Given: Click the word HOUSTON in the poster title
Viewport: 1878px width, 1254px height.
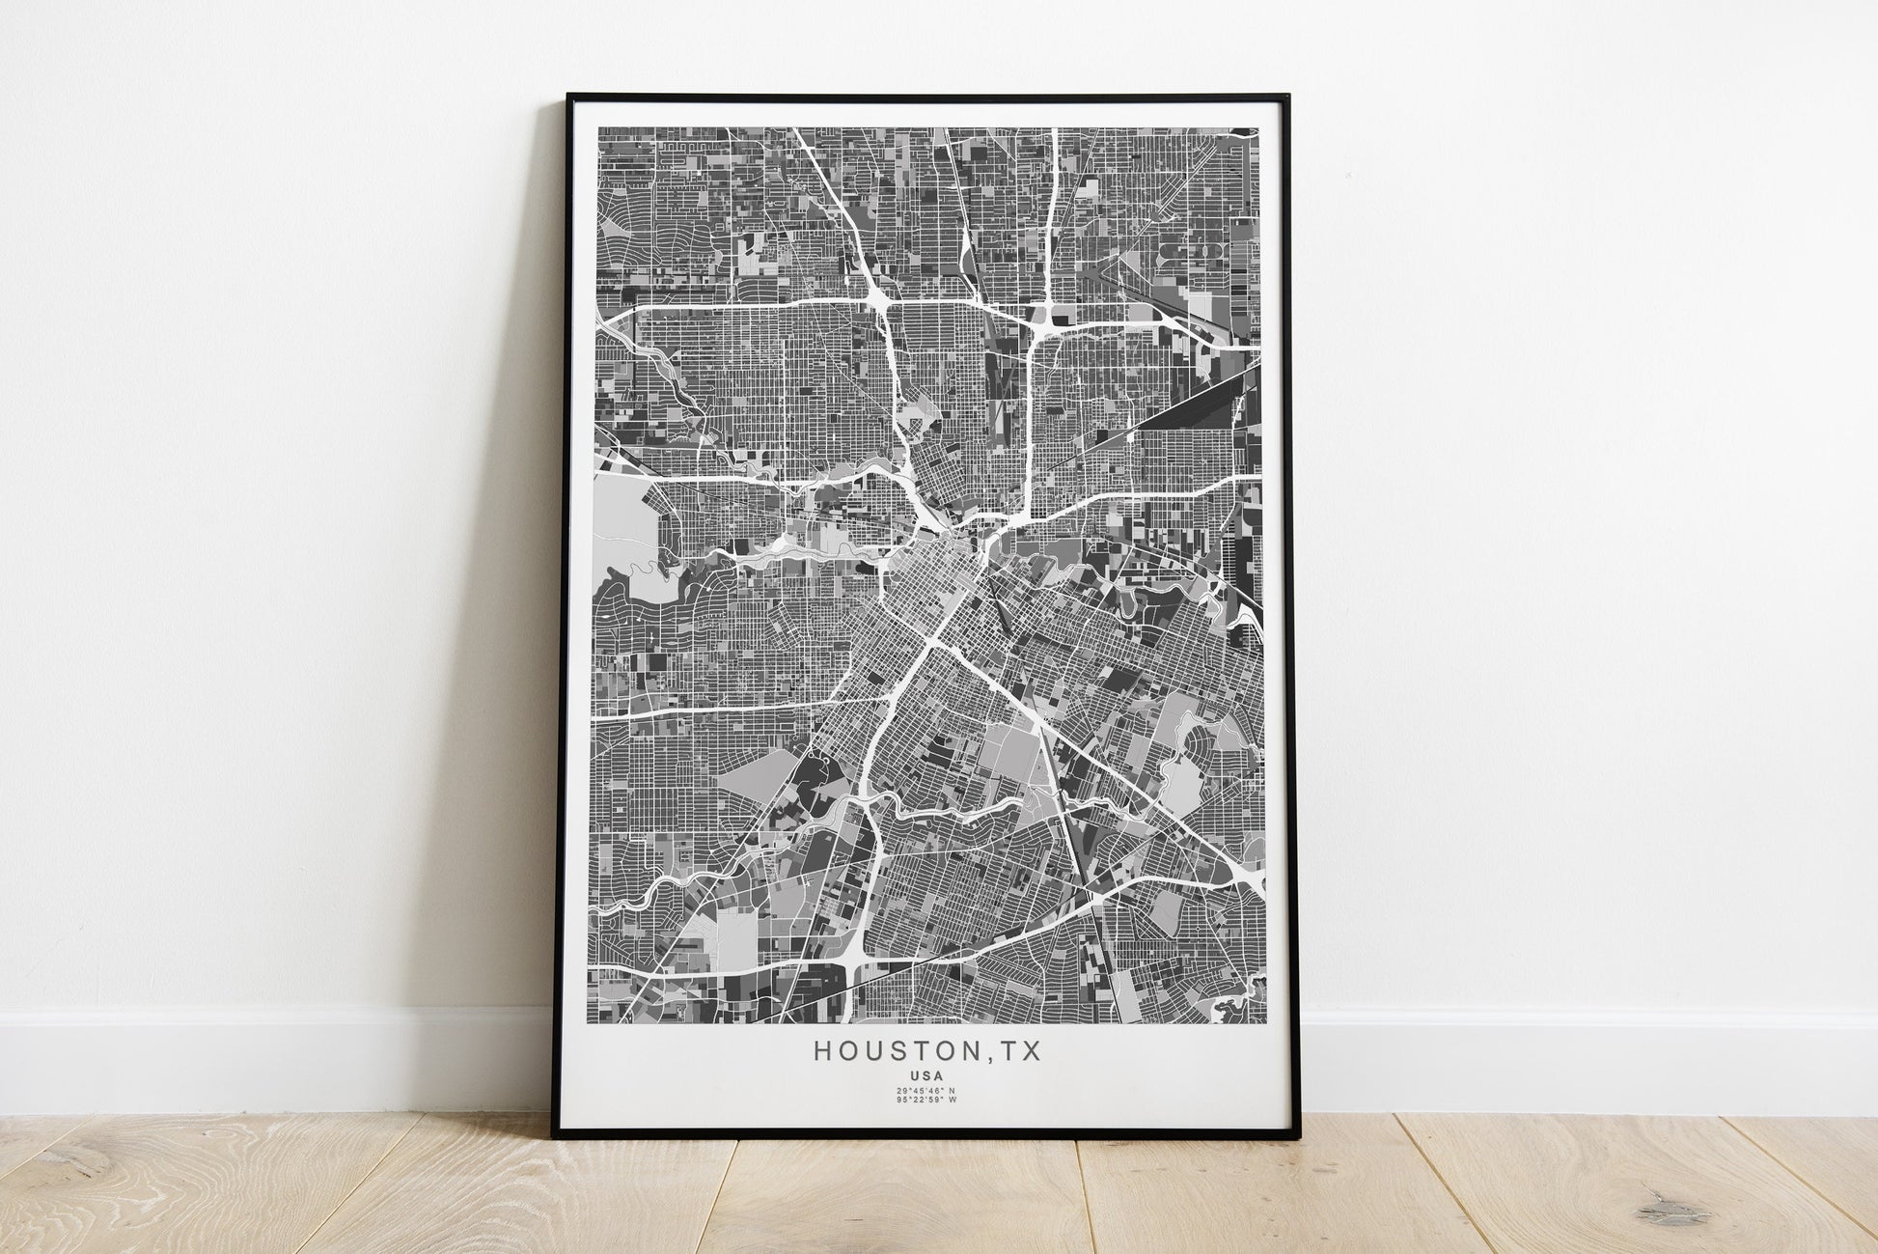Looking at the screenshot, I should (x=898, y=1051).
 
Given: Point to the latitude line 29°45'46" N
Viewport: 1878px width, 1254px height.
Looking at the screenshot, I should (x=926, y=1091).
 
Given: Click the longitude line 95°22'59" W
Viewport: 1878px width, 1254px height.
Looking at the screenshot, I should (x=926, y=1100).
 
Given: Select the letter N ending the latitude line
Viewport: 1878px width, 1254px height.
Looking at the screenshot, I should (x=953, y=1091).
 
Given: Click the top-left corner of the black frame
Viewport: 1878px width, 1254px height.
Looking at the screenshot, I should (x=568, y=95).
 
